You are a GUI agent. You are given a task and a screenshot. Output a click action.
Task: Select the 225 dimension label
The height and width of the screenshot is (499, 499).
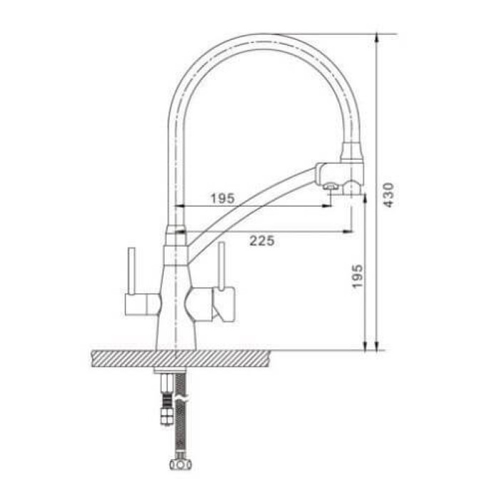[262, 241]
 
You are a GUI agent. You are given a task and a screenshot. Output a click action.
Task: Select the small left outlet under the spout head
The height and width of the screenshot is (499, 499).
[330, 187]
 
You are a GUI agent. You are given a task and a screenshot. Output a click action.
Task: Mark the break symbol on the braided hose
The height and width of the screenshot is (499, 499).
[182, 391]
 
